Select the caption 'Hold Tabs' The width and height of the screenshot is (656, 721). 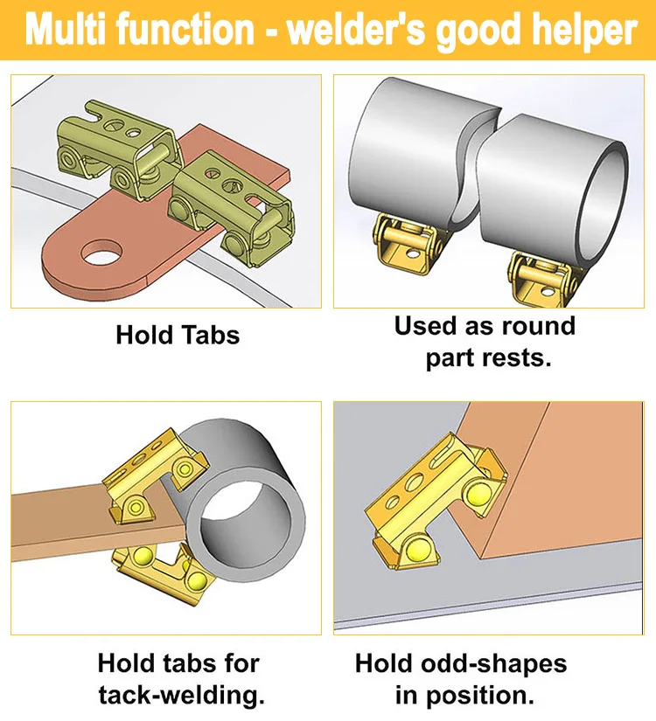pyautogui.click(x=178, y=335)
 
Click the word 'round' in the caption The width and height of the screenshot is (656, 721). pyautogui.click(x=534, y=326)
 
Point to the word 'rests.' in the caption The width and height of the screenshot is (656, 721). pyautogui.click(x=520, y=358)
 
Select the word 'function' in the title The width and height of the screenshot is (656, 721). pyautogui.click(x=189, y=31)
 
